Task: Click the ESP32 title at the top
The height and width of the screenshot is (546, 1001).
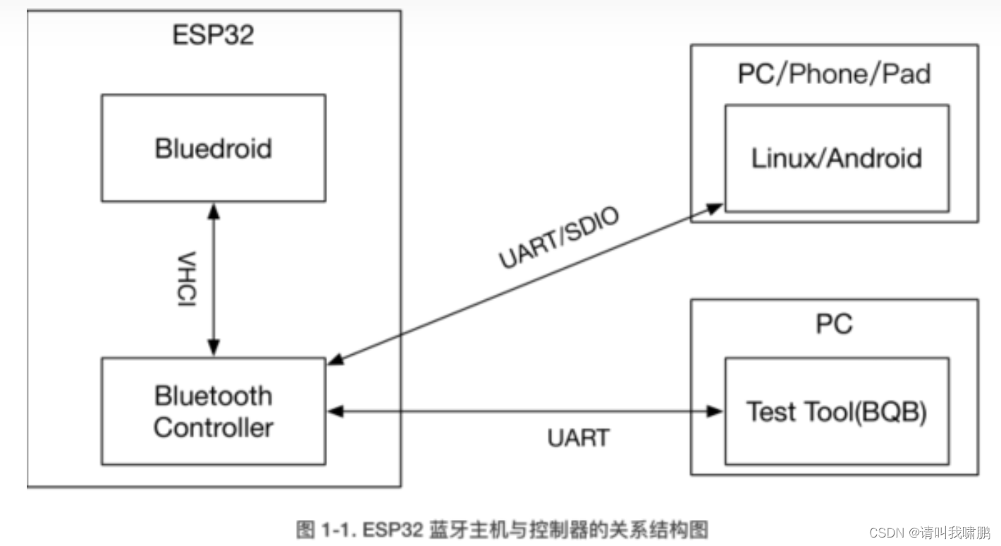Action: [213, 35]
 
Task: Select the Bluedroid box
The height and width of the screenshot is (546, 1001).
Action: [213, 148]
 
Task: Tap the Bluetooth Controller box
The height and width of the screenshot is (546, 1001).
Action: [213, 411]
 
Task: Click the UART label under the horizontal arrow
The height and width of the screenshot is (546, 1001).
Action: [578, 437]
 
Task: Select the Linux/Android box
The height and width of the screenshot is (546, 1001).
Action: [837, 158]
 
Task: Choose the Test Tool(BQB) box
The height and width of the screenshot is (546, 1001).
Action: [837, 411]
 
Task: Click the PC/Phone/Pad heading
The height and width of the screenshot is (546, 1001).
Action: [834, 73]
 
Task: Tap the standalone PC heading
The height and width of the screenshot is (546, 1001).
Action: [834, 324]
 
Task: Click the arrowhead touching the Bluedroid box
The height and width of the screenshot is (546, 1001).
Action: [213, 210]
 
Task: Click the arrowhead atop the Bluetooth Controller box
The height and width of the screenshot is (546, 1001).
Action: [213, 349]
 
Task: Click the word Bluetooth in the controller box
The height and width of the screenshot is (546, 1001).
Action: [213, 395]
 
